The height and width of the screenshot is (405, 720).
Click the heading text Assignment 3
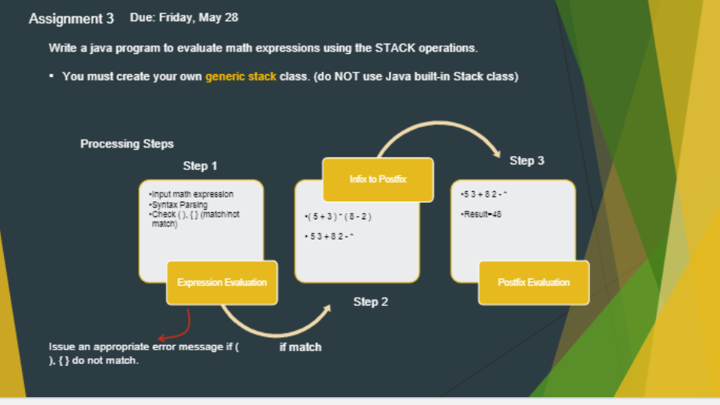(x=71, y=18)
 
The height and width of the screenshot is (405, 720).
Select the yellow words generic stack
(x=241, y=76)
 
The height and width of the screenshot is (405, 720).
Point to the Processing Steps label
(x=127, y=144)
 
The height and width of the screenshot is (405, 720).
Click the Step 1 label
(x=200, y=166)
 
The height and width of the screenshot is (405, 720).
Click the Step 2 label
(x=370, y=302)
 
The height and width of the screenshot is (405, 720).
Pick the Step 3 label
(x=527, y=161)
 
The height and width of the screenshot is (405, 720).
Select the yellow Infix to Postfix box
(x=377, y=179)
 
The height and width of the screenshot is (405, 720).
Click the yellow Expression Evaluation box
(x=222, y=282)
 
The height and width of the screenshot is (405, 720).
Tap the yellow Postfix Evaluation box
(x=533, y=282)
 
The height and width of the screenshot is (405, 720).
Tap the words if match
(x=300, y=347)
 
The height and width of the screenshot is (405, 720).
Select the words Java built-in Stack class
(x=452, y=76)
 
